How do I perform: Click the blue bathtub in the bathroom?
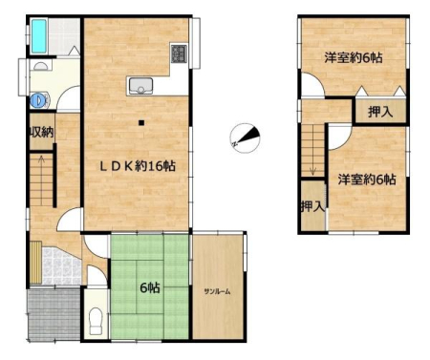pyautogui.click(x=39, y=36)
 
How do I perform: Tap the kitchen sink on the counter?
pyautogui.click(x=140, y=86)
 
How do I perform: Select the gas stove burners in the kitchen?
pyautogui.click(x=179, y=53)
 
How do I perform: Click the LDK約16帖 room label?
pyautogui.click(x=138, y=166)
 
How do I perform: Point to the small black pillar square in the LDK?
pyautogui.click(x=141, y=122)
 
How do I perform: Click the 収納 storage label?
pyautogui.click(x=41, y=132)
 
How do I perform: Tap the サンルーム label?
pyautogui.click(x=217, y=291)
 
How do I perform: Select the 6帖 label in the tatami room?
pyautogui.click(x=150, y=287)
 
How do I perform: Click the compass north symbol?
pyautogui.click(x=245, y=138)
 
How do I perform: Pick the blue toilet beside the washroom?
pyautogui.click(x=39, y=100)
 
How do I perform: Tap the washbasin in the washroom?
pyautogui.click(x=40, y=66)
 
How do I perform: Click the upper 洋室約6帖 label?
pyautogui.click(x=354, y=57)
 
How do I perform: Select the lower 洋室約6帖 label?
pyautogui.click(x=367, y=180)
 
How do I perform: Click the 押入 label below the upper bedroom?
pyautogui.click(x=380, y=112)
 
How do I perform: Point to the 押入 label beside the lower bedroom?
pyautogui.click(x=313, y=206)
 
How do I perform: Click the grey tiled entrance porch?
pyautogui.click(x=54, y=314)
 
